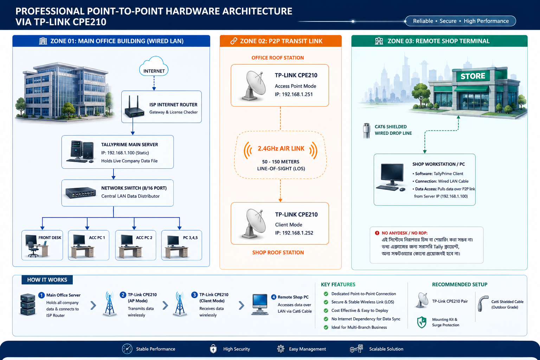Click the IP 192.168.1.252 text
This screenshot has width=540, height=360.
[x=294, y=233]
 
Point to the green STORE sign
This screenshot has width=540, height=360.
[x=473, y=76]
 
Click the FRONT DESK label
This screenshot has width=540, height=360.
[x=50, y=238]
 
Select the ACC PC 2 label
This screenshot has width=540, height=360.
[x=144, y=238]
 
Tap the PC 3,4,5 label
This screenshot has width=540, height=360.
[x=190, y=238]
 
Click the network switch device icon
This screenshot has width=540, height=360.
[x=81, y=193]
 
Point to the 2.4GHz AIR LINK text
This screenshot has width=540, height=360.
[x=281, y=148]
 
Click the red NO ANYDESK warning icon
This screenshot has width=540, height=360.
[x=377, y=233]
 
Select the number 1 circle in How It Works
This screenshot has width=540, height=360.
[x=41, y=295]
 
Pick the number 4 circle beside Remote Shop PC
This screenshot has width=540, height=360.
[x=274, y=297]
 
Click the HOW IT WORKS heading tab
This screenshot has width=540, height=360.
[x=47, y=280]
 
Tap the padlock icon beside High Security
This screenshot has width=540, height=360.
[x=213, y=349]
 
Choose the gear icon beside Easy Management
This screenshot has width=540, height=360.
[x=281, y=349]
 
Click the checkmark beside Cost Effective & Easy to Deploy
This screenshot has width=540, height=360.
[x=326, y=310]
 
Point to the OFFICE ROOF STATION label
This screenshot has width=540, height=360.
[x=277, y=58]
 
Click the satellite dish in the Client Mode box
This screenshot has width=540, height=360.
[x=253, y=223]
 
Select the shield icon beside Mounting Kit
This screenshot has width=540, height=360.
[x=422, y=322]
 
